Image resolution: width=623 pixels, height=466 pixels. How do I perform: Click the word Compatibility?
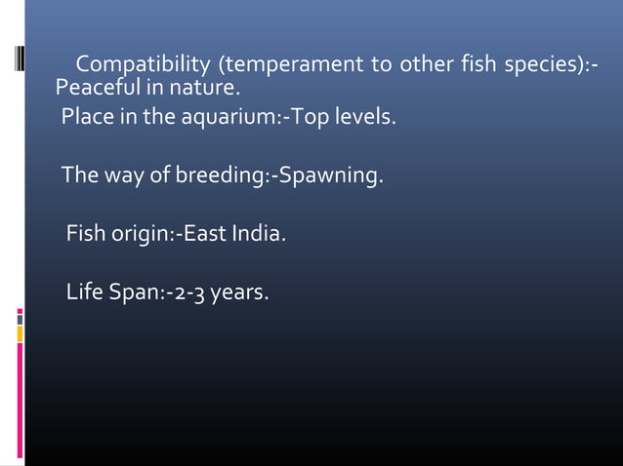click(x=145, y=66)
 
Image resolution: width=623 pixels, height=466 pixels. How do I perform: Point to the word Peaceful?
click(x=95, y=90)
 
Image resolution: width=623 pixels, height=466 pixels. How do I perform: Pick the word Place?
click(x=87, y=119)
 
